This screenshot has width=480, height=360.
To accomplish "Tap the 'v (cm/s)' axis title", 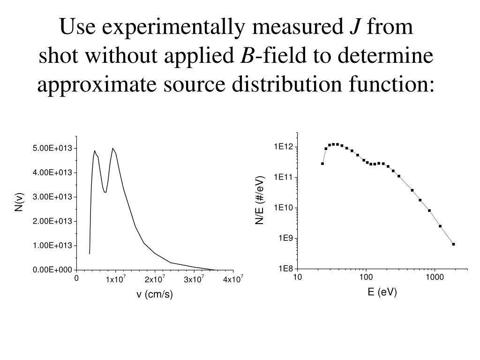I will pyautogui.click(x=155, y=295).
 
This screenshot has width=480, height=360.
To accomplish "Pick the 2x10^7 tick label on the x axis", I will pyautogui.click(x=155, y=280).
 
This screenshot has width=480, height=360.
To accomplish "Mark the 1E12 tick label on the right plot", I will pyautogui.click(x=284, y=147).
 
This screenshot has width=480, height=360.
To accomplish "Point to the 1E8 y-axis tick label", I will pyautogui.click(x=285, y=269).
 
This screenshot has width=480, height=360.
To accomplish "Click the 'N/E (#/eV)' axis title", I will pyautogui.click(x=260, y=200).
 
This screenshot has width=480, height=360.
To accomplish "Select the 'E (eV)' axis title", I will pyautogui.click(x=382, y=292).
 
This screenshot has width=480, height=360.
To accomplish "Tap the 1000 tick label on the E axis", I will pyautogui.click(x=435, y=277).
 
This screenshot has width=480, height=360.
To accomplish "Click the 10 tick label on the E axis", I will pyautogui.click(x=297, y=277).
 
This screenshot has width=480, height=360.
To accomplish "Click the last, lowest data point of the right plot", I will pyautogui.click(x=454, y=244).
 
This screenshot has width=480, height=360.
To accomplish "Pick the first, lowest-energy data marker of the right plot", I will pyautogui.click(x=322, y=164).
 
